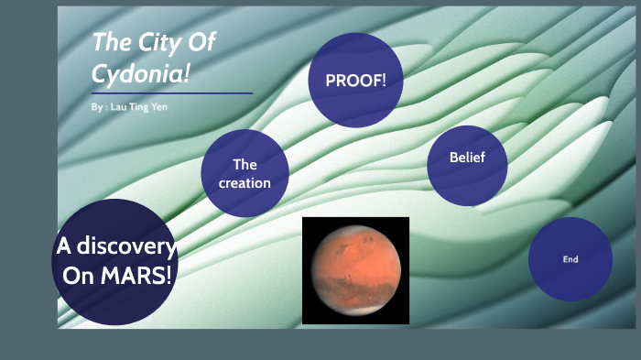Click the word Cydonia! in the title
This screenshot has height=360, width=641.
coord(140,74)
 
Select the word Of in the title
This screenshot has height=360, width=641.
coord(201,42)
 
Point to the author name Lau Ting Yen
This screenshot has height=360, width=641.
coord(137,107)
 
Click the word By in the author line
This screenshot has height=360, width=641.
coord(97,107)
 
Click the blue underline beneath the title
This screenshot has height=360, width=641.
coord(171,93)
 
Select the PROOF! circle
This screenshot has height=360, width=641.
coord(356,81)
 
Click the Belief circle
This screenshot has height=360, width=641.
coord(466,165)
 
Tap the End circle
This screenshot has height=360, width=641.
coord(570,259)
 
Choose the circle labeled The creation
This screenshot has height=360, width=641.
coord(244,173)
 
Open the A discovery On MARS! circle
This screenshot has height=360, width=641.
coord(114,262)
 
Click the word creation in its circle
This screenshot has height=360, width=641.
coord(244,182)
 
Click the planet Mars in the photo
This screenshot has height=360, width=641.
coord(355,270)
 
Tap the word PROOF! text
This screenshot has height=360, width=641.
coord(356,81)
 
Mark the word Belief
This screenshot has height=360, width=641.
coord(466,158)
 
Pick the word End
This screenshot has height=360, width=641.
coord(570,259)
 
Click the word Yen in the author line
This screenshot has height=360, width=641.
coord(160,107)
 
